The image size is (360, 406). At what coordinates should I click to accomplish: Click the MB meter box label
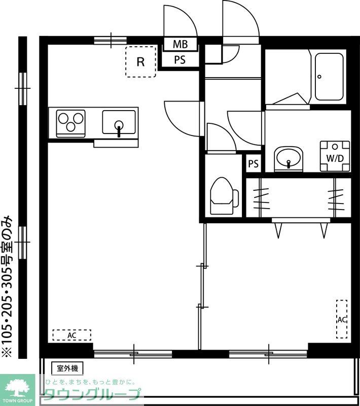(181, 44)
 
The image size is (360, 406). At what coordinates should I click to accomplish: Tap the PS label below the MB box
(179, 60)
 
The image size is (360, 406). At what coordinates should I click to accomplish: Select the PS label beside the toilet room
(253, 163)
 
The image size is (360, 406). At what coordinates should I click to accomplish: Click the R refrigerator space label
(140, 62)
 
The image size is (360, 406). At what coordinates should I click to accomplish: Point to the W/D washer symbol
(335, 156)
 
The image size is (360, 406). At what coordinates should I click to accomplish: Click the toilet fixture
(224, 196)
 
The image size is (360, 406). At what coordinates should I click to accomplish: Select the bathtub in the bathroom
(329, 77)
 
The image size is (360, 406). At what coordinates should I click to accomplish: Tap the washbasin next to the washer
(289, 158)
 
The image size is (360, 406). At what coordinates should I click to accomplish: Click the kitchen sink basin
(119, 122)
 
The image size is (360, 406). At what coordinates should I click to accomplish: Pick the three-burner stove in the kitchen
(71, 123)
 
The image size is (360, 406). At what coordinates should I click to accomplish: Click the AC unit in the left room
(72, 335)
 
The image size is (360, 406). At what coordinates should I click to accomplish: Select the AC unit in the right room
(342, 319)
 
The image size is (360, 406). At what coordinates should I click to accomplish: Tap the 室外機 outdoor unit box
(67, 368)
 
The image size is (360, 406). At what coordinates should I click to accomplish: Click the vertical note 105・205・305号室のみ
(7, 287)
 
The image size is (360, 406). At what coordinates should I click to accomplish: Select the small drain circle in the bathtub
(319, 77)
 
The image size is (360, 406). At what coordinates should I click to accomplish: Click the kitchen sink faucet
(119, 129)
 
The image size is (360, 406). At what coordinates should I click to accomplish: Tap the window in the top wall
(111, 41)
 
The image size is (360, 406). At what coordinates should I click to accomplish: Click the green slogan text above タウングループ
(91, 382)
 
